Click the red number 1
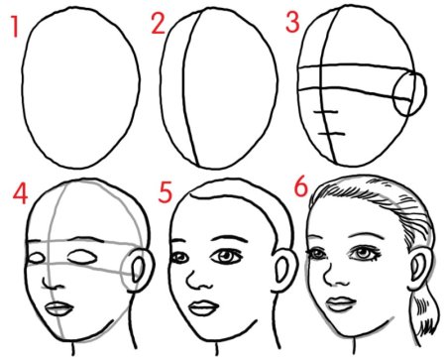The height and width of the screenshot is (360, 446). point(14,26)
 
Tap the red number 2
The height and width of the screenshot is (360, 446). point(159,23)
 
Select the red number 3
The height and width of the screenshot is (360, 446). point(292,22)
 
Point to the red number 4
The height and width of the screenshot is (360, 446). point(20,193)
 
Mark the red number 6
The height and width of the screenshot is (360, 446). point(300,187)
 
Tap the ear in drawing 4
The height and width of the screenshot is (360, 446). point(141,271)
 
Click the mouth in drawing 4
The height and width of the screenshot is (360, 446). point(59,309)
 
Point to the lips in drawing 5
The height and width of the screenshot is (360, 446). point(204,307)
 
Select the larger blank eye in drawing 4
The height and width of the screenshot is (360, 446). point(82,257)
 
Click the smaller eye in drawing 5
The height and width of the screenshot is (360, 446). point(179,257)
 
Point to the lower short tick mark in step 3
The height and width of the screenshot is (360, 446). point(332,134)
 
